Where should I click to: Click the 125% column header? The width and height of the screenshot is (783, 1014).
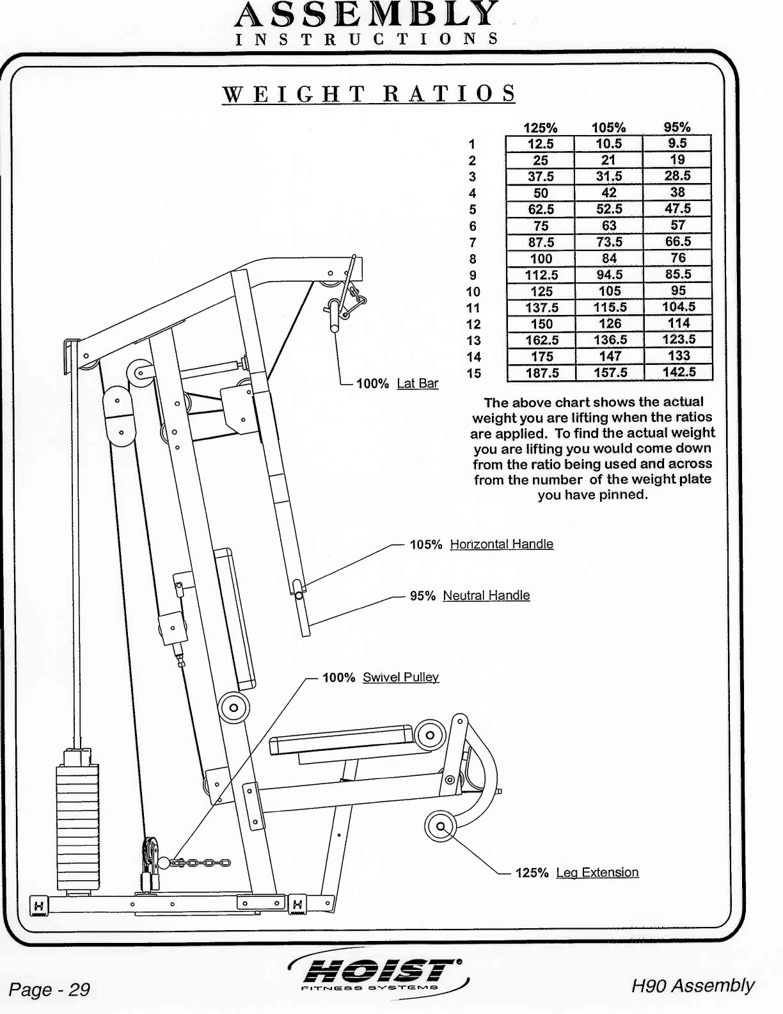point(541,127)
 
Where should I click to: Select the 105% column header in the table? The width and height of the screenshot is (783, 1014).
point(608,127)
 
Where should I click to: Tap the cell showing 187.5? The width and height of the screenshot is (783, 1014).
point(542,373)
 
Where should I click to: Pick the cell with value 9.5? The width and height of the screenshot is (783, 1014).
point(677,143)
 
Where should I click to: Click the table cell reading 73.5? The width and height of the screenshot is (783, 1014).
point(609,242)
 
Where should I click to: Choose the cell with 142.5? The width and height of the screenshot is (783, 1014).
point(678,372)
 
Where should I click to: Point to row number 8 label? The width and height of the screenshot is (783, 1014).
point(473,259)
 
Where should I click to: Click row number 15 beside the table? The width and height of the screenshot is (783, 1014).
point(473,373)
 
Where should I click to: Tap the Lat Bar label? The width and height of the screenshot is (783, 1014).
point(418,383)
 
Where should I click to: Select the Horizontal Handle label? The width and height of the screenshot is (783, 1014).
point(502,544)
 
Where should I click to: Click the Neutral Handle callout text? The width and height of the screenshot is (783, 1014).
point(486,595)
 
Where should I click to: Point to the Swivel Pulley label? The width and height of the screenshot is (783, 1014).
point(400,677)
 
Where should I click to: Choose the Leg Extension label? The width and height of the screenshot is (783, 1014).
point(597,873)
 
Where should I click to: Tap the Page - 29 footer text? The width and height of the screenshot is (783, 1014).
point(50,990)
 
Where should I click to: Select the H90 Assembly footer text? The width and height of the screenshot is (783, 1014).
point(693,985)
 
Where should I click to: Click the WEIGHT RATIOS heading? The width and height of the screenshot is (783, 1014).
point(368,94)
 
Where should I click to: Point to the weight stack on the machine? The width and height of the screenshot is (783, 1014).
point(77,823)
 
